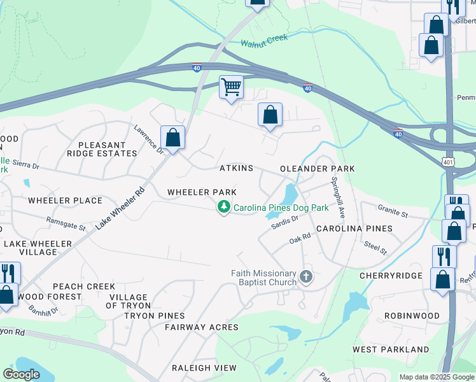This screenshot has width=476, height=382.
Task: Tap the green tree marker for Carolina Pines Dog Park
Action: pyautogui.click(x=223, y=207)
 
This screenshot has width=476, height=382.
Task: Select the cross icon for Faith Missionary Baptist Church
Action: pyautogui.click(x=306, y=277)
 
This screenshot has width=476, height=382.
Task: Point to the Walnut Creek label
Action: pyautogui.click(x=264, y=41)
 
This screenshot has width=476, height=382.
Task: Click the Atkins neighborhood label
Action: pyautogui.click(x=236, y=168)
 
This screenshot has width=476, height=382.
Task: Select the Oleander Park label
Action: pyautogui.click(x=317, y=168)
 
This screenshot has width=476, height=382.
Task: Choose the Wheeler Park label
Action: pyautogui.click(x=202, y=192)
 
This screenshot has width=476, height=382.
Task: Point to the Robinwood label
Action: pyautogui.click(x=412, y=316)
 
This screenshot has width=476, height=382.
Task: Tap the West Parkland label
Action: pyautogui.click(x=391, y=350)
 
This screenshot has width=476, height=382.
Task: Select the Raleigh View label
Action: pyautogui.click(x=204, y=368)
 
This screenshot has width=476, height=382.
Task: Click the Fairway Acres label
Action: pyautogui.click(x=201, y=327)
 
